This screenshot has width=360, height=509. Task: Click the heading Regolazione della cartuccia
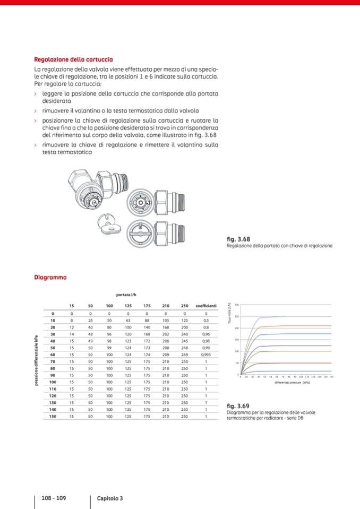[x=73, y=59]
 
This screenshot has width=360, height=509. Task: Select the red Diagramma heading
[x=50, y=277]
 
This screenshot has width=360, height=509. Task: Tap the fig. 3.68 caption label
[x=237, y=239]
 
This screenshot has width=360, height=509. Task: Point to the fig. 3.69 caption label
[x=237, y=407]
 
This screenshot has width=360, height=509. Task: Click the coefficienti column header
[x=205, y=306]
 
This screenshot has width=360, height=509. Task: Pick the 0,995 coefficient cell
[x=205, y=354]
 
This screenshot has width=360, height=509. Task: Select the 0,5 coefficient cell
[x=205, y=321]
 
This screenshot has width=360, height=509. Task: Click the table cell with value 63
[x=128, y=321]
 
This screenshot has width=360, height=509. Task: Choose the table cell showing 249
[x=184, y=354]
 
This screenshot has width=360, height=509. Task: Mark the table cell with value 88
[x=147, y=321]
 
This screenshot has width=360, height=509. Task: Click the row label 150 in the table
[x=53, y=417]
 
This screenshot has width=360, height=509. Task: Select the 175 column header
[x=147, y=306]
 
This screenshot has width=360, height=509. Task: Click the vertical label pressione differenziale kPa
[x=36, y=361]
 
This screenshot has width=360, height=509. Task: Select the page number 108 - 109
[x=54, y=498]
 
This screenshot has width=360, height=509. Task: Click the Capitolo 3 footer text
[x=110, y=498]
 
